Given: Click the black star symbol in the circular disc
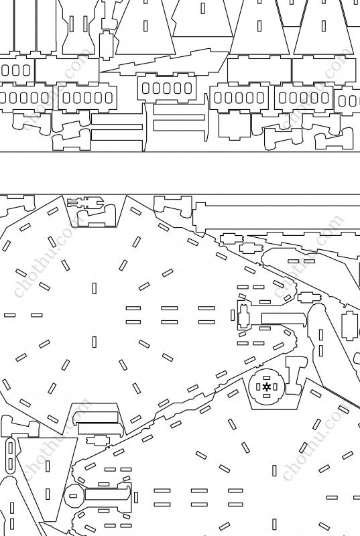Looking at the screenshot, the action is coord(267,387).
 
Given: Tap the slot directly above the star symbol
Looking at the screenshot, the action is coord(267,378).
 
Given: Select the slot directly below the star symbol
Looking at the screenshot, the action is coord(267,396).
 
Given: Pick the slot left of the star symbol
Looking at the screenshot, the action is coord(258,387).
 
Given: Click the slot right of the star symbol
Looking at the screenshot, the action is coord(276,387).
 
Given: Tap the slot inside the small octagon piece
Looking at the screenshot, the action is coord(73,496).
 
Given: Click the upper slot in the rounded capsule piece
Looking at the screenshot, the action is coord(11,448).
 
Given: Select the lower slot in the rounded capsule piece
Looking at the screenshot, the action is coord(11,464).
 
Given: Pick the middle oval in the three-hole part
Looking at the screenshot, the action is coord(15,70).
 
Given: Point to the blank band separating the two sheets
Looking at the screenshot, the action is coord(180,173).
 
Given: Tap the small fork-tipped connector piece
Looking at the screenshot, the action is coord(85,203).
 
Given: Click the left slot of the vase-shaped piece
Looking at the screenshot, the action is coord(72,24).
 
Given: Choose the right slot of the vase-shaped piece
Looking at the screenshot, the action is coord(85,24).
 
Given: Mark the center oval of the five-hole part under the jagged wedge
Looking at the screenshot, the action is coord(167,88).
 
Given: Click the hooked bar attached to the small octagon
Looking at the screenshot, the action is coord(108,494).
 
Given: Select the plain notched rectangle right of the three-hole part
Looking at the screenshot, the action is coord(67,70).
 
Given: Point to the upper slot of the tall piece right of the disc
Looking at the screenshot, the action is coord(321,334).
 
